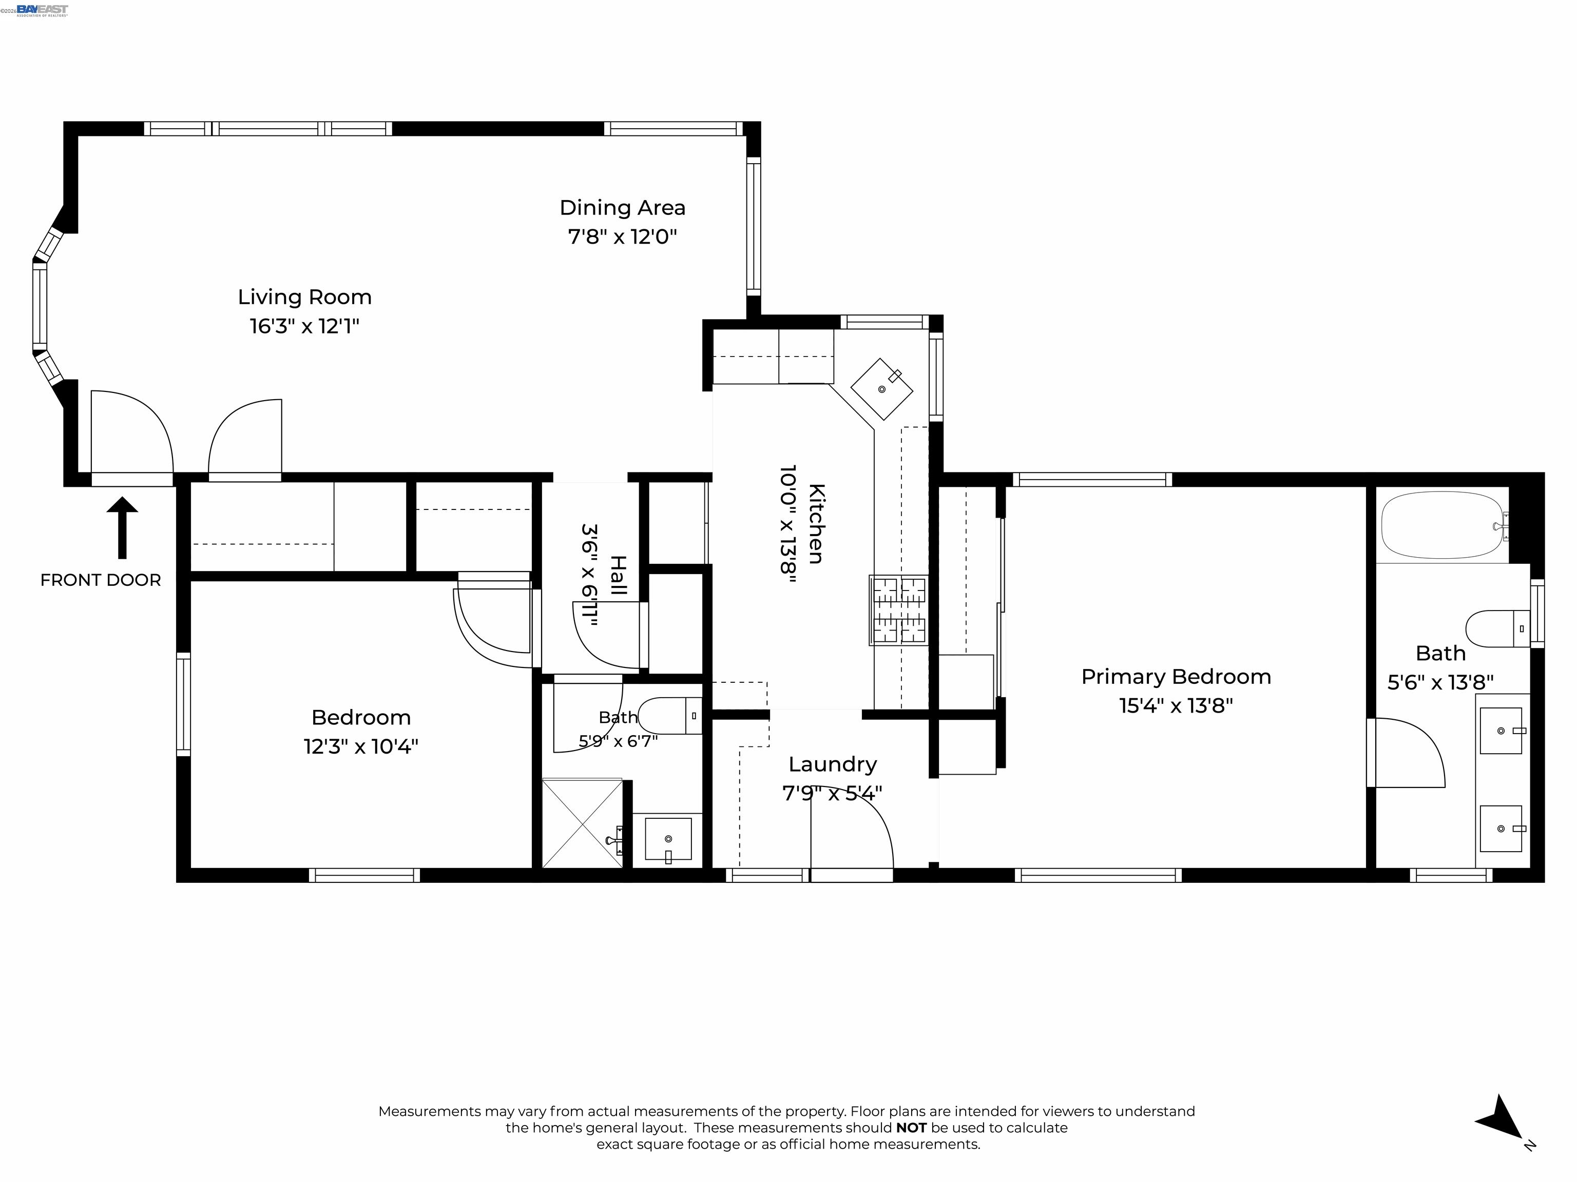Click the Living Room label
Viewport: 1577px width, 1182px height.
coord(304,297)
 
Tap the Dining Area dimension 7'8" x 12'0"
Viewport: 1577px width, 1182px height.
coord(622,237)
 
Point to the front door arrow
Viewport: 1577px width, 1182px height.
coord(122,527)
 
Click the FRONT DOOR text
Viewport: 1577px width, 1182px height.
coord(101,580)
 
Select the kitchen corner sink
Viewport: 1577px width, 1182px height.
coord(882,389)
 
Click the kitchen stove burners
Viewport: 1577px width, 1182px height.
coord(899,610)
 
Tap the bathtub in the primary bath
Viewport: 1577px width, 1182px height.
coord(1445,526)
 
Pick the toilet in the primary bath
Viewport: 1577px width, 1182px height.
coord(1497,628)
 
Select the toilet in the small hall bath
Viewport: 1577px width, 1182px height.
coord(669,715)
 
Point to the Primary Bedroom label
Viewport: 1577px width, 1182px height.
coord(1176,677)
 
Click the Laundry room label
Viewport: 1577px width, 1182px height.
coord(832,764)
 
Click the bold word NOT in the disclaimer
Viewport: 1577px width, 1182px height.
coord(911,1128)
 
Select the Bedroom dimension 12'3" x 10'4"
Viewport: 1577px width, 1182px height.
coord(361,746)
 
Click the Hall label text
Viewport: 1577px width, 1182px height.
coord(618,576)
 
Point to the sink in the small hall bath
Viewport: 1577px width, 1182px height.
coord(668,839)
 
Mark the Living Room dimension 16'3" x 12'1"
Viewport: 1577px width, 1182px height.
coord(304,326)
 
